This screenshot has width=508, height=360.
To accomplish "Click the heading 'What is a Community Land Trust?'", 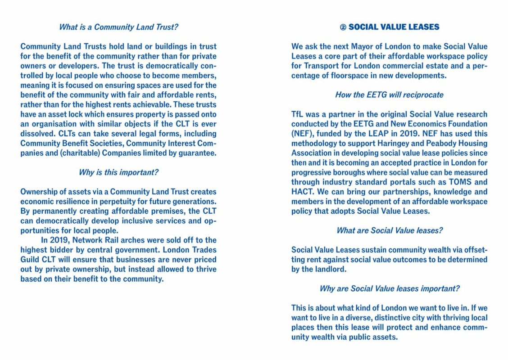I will click(118, 27).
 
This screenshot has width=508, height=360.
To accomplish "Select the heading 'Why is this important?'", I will click(118, 172).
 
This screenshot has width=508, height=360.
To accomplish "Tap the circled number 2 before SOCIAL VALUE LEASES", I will click(343, 27).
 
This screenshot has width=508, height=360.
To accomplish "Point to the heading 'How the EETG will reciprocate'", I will click(389, 95).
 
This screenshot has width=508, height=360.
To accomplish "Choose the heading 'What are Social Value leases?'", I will click(389, 230).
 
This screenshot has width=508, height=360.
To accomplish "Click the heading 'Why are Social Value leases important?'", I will click(389, 288).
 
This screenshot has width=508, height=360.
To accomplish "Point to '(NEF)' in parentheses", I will click(302, 134).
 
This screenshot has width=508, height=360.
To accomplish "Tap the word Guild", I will click(31, 260).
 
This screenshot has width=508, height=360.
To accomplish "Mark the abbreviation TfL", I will click(297, 114).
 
